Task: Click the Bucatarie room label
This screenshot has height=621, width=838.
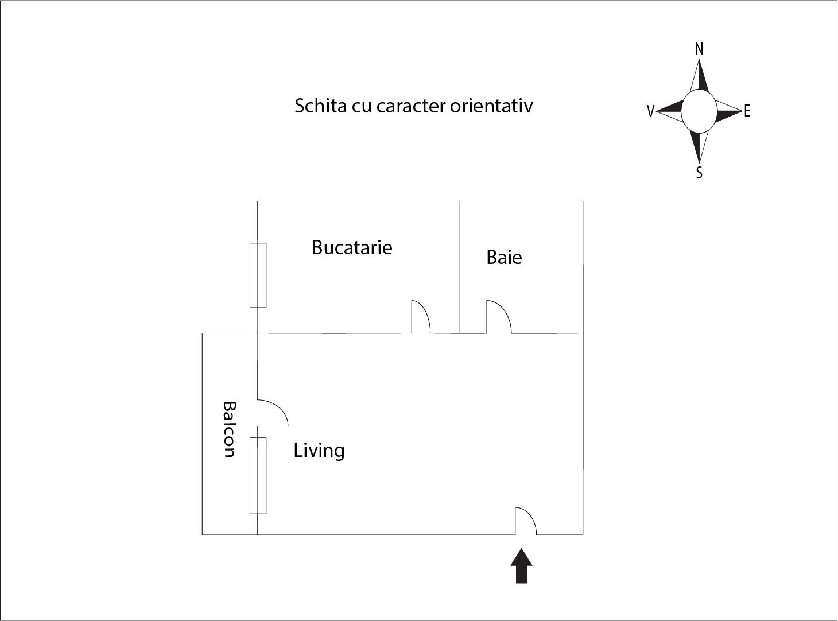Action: (x=352, y=247)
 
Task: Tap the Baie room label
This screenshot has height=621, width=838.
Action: (x=504, y=257)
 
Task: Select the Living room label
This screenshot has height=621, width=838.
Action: (x=319, y=451)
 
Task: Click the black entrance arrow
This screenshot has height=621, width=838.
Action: (x=521, y=565)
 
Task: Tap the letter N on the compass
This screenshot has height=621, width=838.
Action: (x=699, y=49)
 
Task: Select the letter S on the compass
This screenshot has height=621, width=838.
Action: (x=699, y=173)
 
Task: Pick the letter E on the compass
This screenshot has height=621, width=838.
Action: (x=747, y=111)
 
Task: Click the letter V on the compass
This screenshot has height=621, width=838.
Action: (x=650, y=111)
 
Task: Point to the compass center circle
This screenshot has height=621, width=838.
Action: (x=699, y=111)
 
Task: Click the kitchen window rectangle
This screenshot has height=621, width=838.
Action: (x=258, y=275)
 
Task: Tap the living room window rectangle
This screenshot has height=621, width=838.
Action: (x=258, y=476)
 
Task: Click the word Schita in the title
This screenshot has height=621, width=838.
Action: (x=320, y=106)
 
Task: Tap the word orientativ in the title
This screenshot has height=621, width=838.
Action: (x=491, y=106)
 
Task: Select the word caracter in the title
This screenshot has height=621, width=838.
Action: (x=411, y=107)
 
